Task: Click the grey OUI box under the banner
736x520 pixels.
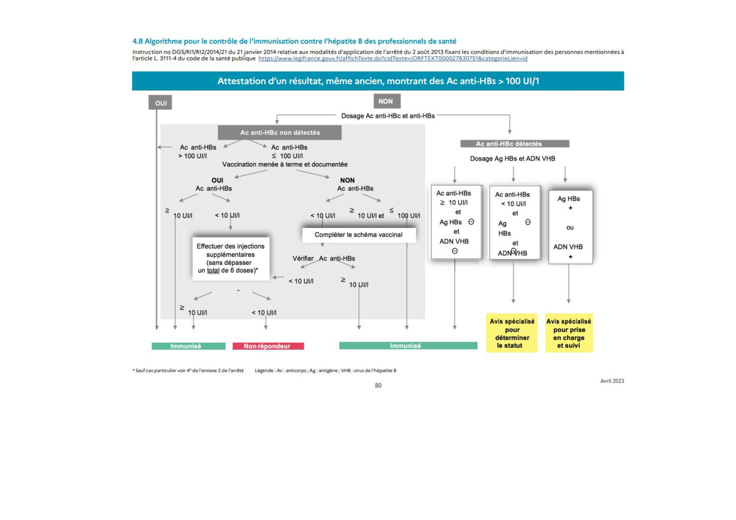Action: [160, 102]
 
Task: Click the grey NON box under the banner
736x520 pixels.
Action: [387, 101]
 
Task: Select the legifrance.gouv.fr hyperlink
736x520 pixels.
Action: [393, 58]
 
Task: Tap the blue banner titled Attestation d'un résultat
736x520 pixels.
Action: [378, 81]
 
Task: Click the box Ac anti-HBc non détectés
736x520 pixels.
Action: [280, 132]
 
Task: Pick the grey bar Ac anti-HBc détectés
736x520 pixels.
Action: [515, 143]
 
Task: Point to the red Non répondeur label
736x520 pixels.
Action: [268, 346]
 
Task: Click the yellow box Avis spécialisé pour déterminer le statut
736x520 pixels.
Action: [512, 333]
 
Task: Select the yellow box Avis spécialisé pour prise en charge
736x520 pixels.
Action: [569, 333]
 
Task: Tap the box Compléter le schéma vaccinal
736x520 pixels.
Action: [359, 235]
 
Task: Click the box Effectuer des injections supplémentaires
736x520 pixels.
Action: [231, 259]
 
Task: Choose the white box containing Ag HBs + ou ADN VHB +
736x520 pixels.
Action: [571, 227]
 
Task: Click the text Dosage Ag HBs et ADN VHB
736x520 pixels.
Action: [513, 159]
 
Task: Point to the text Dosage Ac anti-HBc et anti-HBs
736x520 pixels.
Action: [388, 116]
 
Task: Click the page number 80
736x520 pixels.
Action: [378, 386]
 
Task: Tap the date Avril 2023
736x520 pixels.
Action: [612, 381]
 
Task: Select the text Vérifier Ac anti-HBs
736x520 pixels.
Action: [324, 259]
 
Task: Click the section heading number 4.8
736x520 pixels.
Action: [137, 41]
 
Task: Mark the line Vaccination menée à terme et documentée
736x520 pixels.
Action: [285, 164]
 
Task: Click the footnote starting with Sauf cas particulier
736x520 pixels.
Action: [188, 370]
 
